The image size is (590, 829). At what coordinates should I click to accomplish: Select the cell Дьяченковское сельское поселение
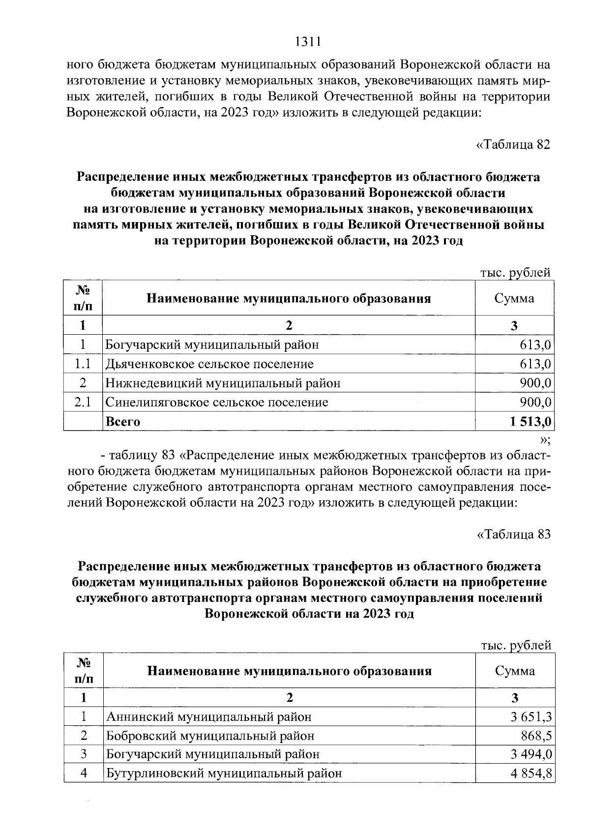tap(209, 364)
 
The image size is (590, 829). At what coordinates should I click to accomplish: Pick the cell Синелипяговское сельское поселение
tap(216, 402)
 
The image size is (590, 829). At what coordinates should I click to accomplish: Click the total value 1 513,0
tap(531, 422)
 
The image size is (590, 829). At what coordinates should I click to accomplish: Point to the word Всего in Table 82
tap(123, 422)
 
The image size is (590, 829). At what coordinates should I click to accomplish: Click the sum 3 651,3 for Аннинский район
tap(531, 717)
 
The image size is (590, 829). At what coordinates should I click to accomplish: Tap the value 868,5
tap(536, 736)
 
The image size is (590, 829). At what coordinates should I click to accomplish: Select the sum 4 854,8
tap(531, 773)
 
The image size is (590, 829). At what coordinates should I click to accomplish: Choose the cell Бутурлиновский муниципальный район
tap(224, 773)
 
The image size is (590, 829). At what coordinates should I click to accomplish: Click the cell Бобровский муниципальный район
tap(210, 736)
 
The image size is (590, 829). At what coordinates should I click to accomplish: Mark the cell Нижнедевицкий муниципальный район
tap(223, 383)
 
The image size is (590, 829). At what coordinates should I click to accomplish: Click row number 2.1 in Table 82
tap(83, 402)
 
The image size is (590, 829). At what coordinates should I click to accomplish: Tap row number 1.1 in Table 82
tap(83, 364)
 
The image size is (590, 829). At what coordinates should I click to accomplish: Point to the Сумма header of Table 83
tap(515, 671)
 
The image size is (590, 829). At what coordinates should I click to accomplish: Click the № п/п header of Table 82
tap(83, 298)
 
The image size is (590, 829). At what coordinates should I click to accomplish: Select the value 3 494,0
tap(531, 754)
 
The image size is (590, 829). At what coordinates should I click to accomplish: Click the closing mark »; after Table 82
tap(545, 439)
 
